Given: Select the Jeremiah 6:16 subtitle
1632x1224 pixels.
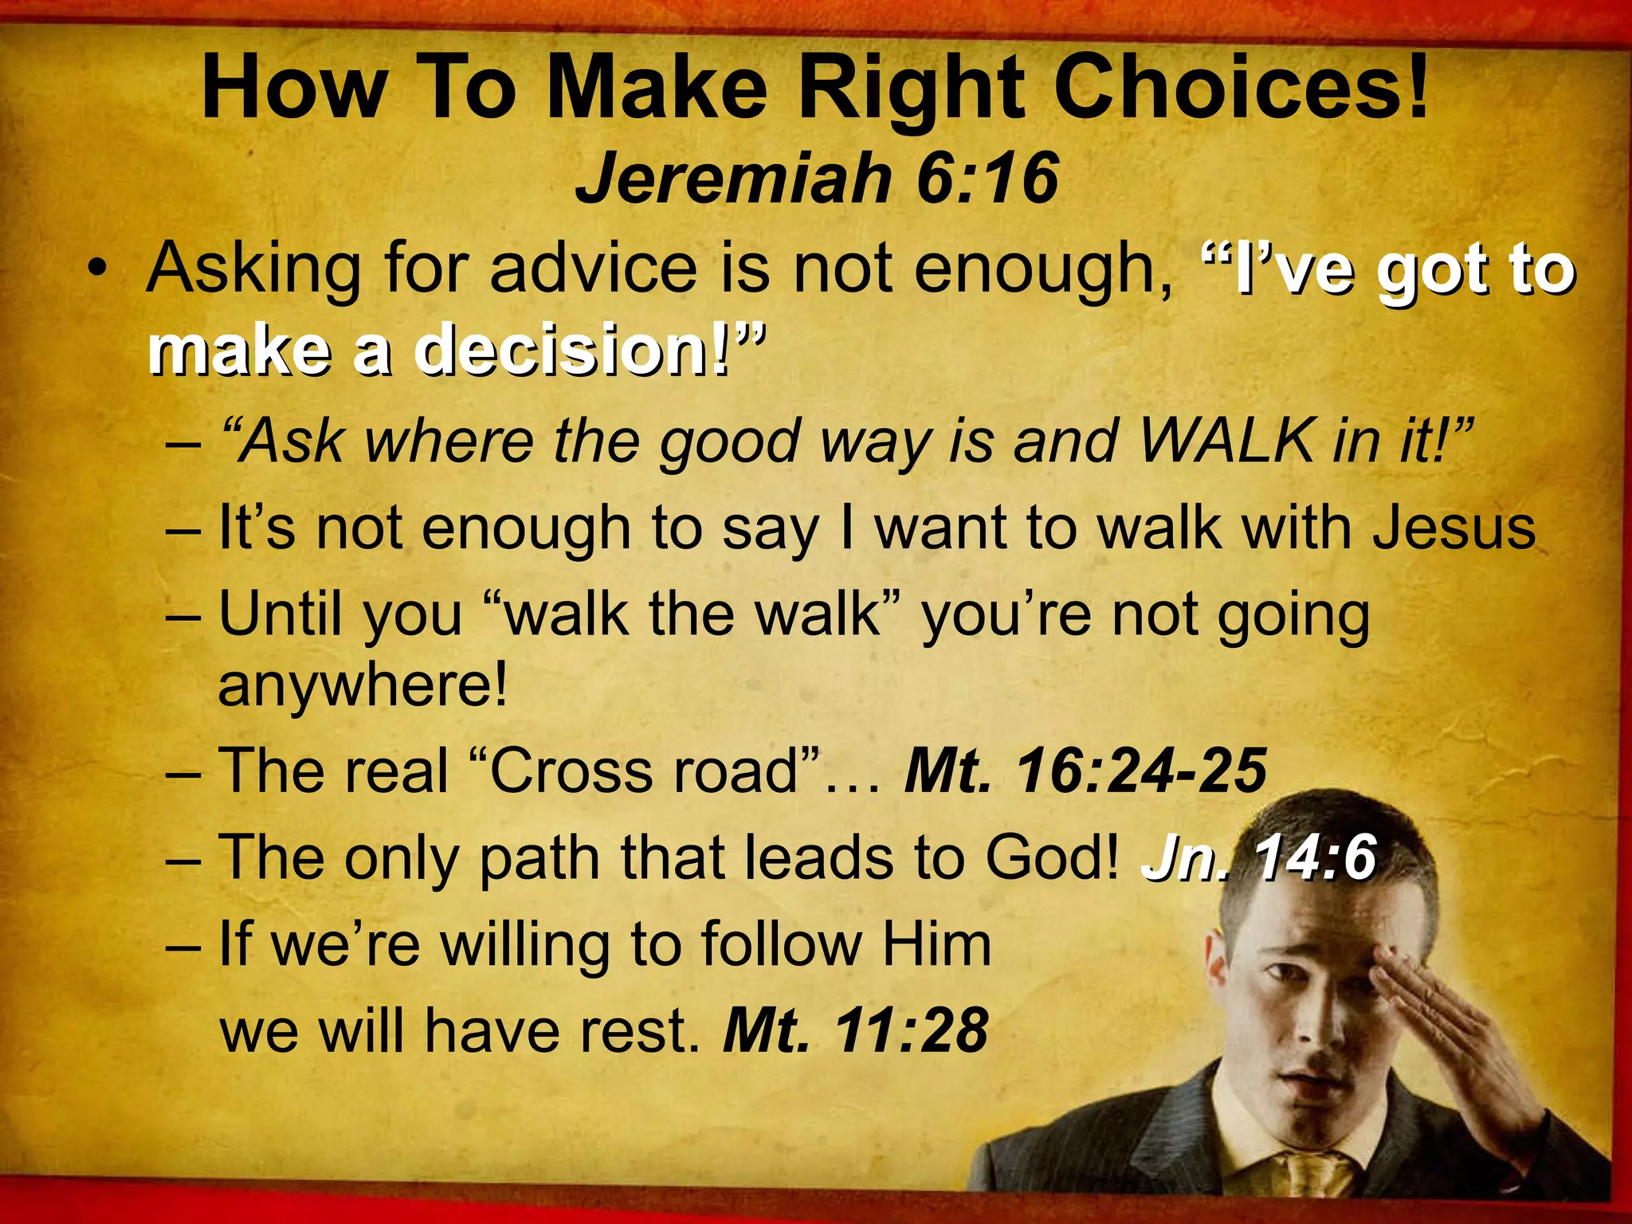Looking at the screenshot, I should click(x=816, y=178).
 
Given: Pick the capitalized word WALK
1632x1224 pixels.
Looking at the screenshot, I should click(x=1227, y=440).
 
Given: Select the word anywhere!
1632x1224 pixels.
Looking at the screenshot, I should click(x=363, y=685).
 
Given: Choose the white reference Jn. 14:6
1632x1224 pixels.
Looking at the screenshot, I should click(x=1259, y=858).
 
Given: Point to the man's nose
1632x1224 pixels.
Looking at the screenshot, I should click(x=1307, y=1028).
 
